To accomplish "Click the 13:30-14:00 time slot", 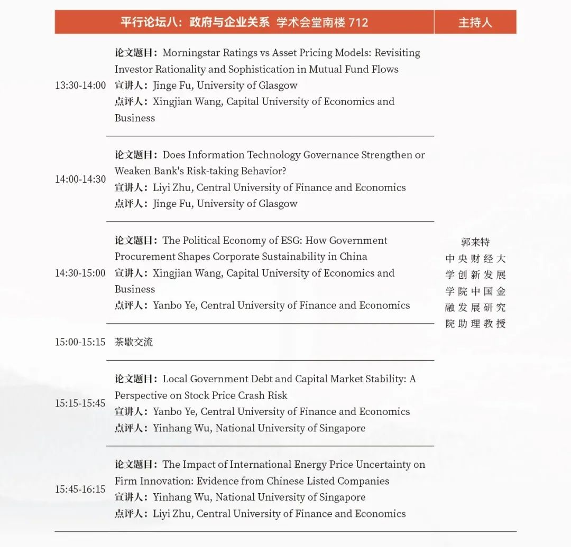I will [80, 86].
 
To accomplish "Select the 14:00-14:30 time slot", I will [80, 180].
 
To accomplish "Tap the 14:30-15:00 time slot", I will [80, 273].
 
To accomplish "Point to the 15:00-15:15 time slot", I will [80, 342].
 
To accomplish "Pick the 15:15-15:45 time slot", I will [80, 403].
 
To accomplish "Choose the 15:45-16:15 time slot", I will [80, 489].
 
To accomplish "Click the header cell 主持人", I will [475, 22].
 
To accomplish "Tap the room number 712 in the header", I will [358, 22].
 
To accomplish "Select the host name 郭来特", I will [475, 242].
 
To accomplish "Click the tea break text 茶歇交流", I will [134, 342].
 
